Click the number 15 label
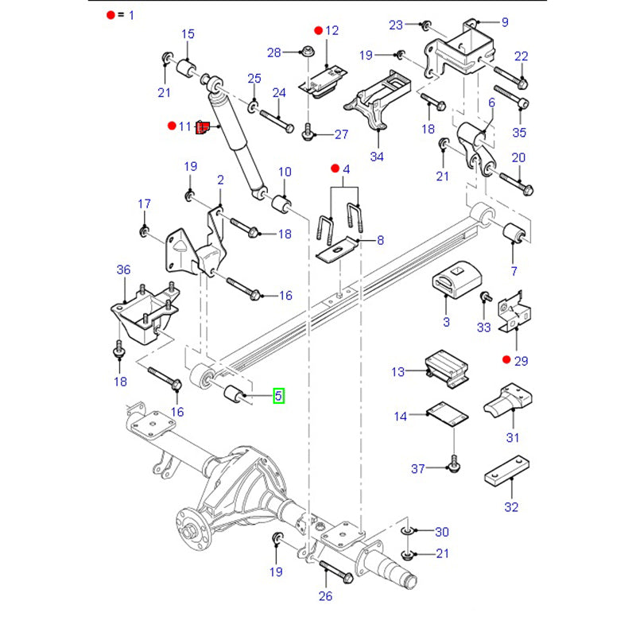click(188, 34)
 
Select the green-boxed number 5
click(278, 394)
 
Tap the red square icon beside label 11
click(202, 127)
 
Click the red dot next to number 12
click(318, 31)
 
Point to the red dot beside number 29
click(506, 361)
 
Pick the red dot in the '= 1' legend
click(109, 15)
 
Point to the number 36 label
click(122, 270)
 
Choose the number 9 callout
click(505, 22)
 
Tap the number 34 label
click(377, 157)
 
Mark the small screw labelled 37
click(454, 463)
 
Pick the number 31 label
click(513, 437)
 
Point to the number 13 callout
click(398, 372)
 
